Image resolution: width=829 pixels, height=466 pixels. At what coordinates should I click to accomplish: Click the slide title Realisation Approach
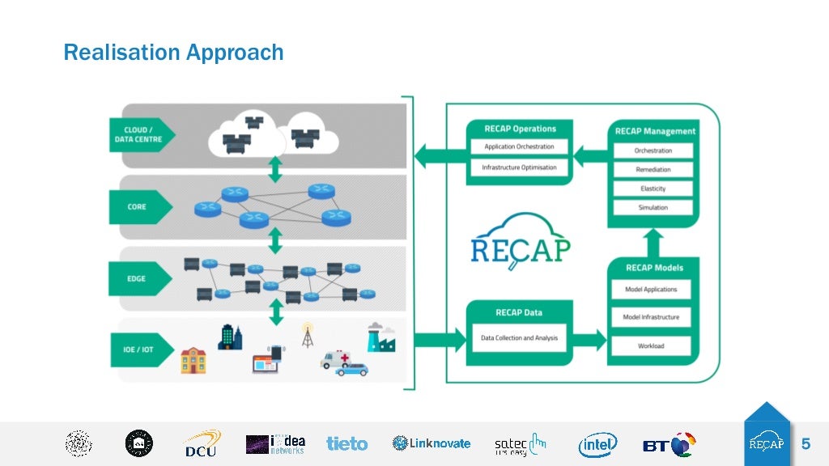click(173, 53)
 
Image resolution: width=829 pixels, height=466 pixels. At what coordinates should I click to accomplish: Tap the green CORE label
click(138, 207)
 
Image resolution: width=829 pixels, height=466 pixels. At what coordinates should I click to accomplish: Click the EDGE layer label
click(138, 279)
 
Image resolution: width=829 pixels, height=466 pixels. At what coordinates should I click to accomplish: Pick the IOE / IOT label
click(138, 350)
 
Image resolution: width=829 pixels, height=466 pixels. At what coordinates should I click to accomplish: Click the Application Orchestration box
click(519, 147)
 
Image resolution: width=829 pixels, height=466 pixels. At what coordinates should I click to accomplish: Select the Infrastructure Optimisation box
click(519, 167)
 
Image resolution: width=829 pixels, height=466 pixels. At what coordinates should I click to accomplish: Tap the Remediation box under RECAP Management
click(653, 170)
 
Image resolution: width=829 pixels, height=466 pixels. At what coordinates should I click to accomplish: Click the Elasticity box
click(653, 189)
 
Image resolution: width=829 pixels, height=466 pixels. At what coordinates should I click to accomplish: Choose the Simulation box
click(653, 208)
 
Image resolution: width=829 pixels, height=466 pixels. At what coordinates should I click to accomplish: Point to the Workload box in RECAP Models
click(651, 346)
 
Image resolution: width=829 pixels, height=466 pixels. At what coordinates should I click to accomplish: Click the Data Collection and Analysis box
click(519, 337)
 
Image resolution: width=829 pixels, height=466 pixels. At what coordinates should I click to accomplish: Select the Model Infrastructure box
click(651, 317)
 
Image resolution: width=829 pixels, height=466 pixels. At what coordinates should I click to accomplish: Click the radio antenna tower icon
click(307, 335)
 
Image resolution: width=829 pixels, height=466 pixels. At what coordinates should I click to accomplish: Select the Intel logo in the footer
click(597, 444)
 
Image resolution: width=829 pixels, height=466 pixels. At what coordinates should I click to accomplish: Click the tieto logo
click(346, 444)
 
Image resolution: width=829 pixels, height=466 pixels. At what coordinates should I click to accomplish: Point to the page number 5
click(806, 444)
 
